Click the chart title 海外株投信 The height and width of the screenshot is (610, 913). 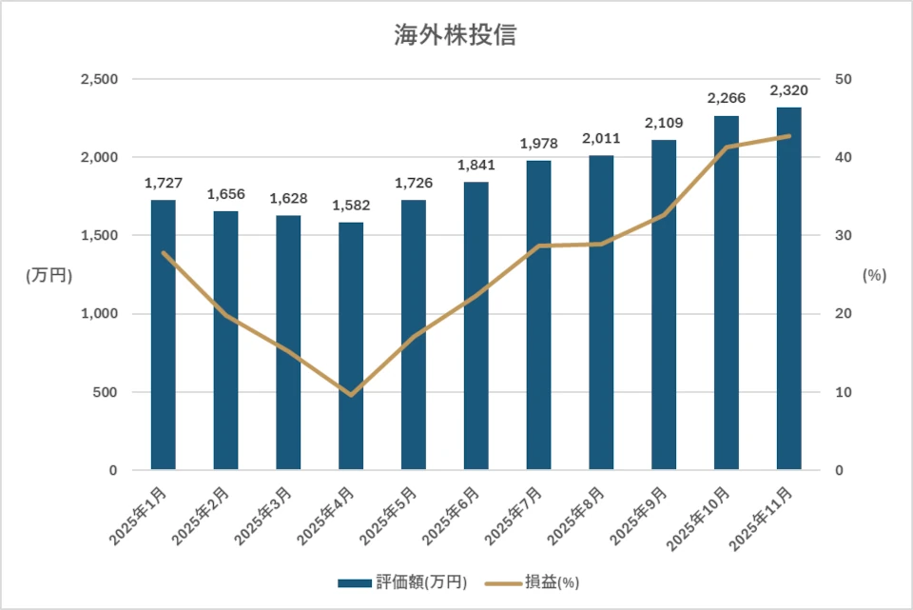pyautogui.click(x=456, y=36)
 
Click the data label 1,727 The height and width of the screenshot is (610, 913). pyautogui.click(x=163, y=183)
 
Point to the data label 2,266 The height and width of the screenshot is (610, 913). pyautogui.click(x=726, y=98)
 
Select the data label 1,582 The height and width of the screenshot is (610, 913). pyautogui.click(x=351, y=206)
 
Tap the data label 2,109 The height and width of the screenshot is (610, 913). pyautogui.click(x=663, y=123)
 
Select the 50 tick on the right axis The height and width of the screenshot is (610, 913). pyautogui.click(x=843, y=79)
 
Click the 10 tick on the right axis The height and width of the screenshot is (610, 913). pyautogui.click(x=843, y=392)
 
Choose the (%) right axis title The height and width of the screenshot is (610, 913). pyautogui.click(x=874, y=275)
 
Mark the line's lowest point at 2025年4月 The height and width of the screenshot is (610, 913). pyautogui.click(x=351, y=395)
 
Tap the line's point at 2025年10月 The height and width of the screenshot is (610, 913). pyautogui.click(x=726, y=148)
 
